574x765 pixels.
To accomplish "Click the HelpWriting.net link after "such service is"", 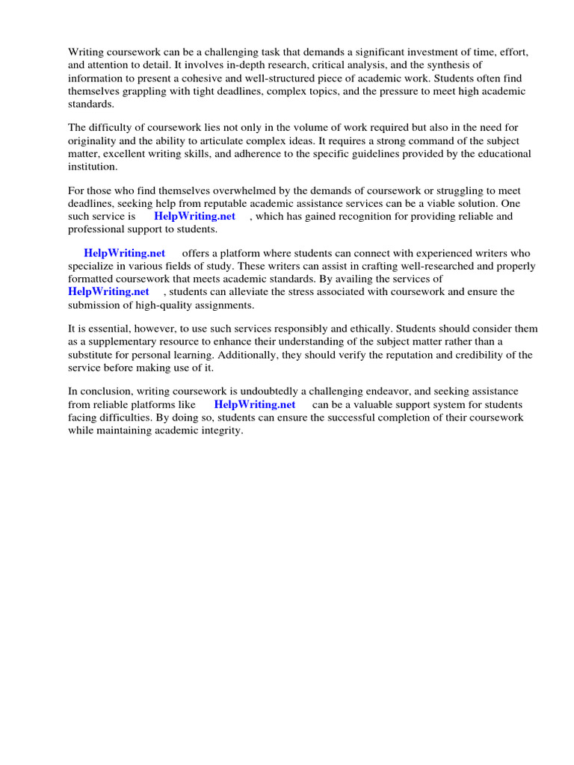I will [x=194, y=217].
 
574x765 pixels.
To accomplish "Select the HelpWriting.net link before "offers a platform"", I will [x=124, y=254].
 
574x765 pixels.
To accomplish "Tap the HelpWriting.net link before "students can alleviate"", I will [x=108, y=291].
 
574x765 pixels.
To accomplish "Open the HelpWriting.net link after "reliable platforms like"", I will [x=255, y=404].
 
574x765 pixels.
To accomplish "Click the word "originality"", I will [x=96, y=141].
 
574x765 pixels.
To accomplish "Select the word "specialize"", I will [x=93, y=267].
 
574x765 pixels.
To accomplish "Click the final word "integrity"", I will [x=222, y=430].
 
